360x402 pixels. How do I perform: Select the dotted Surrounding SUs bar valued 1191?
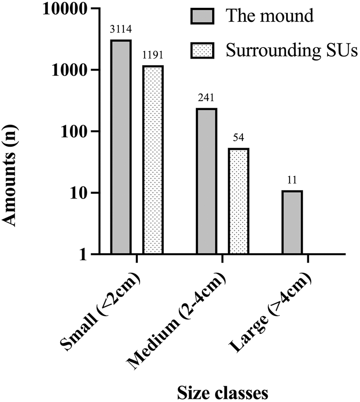(153, 160)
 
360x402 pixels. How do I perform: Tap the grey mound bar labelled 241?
(206, 181)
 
